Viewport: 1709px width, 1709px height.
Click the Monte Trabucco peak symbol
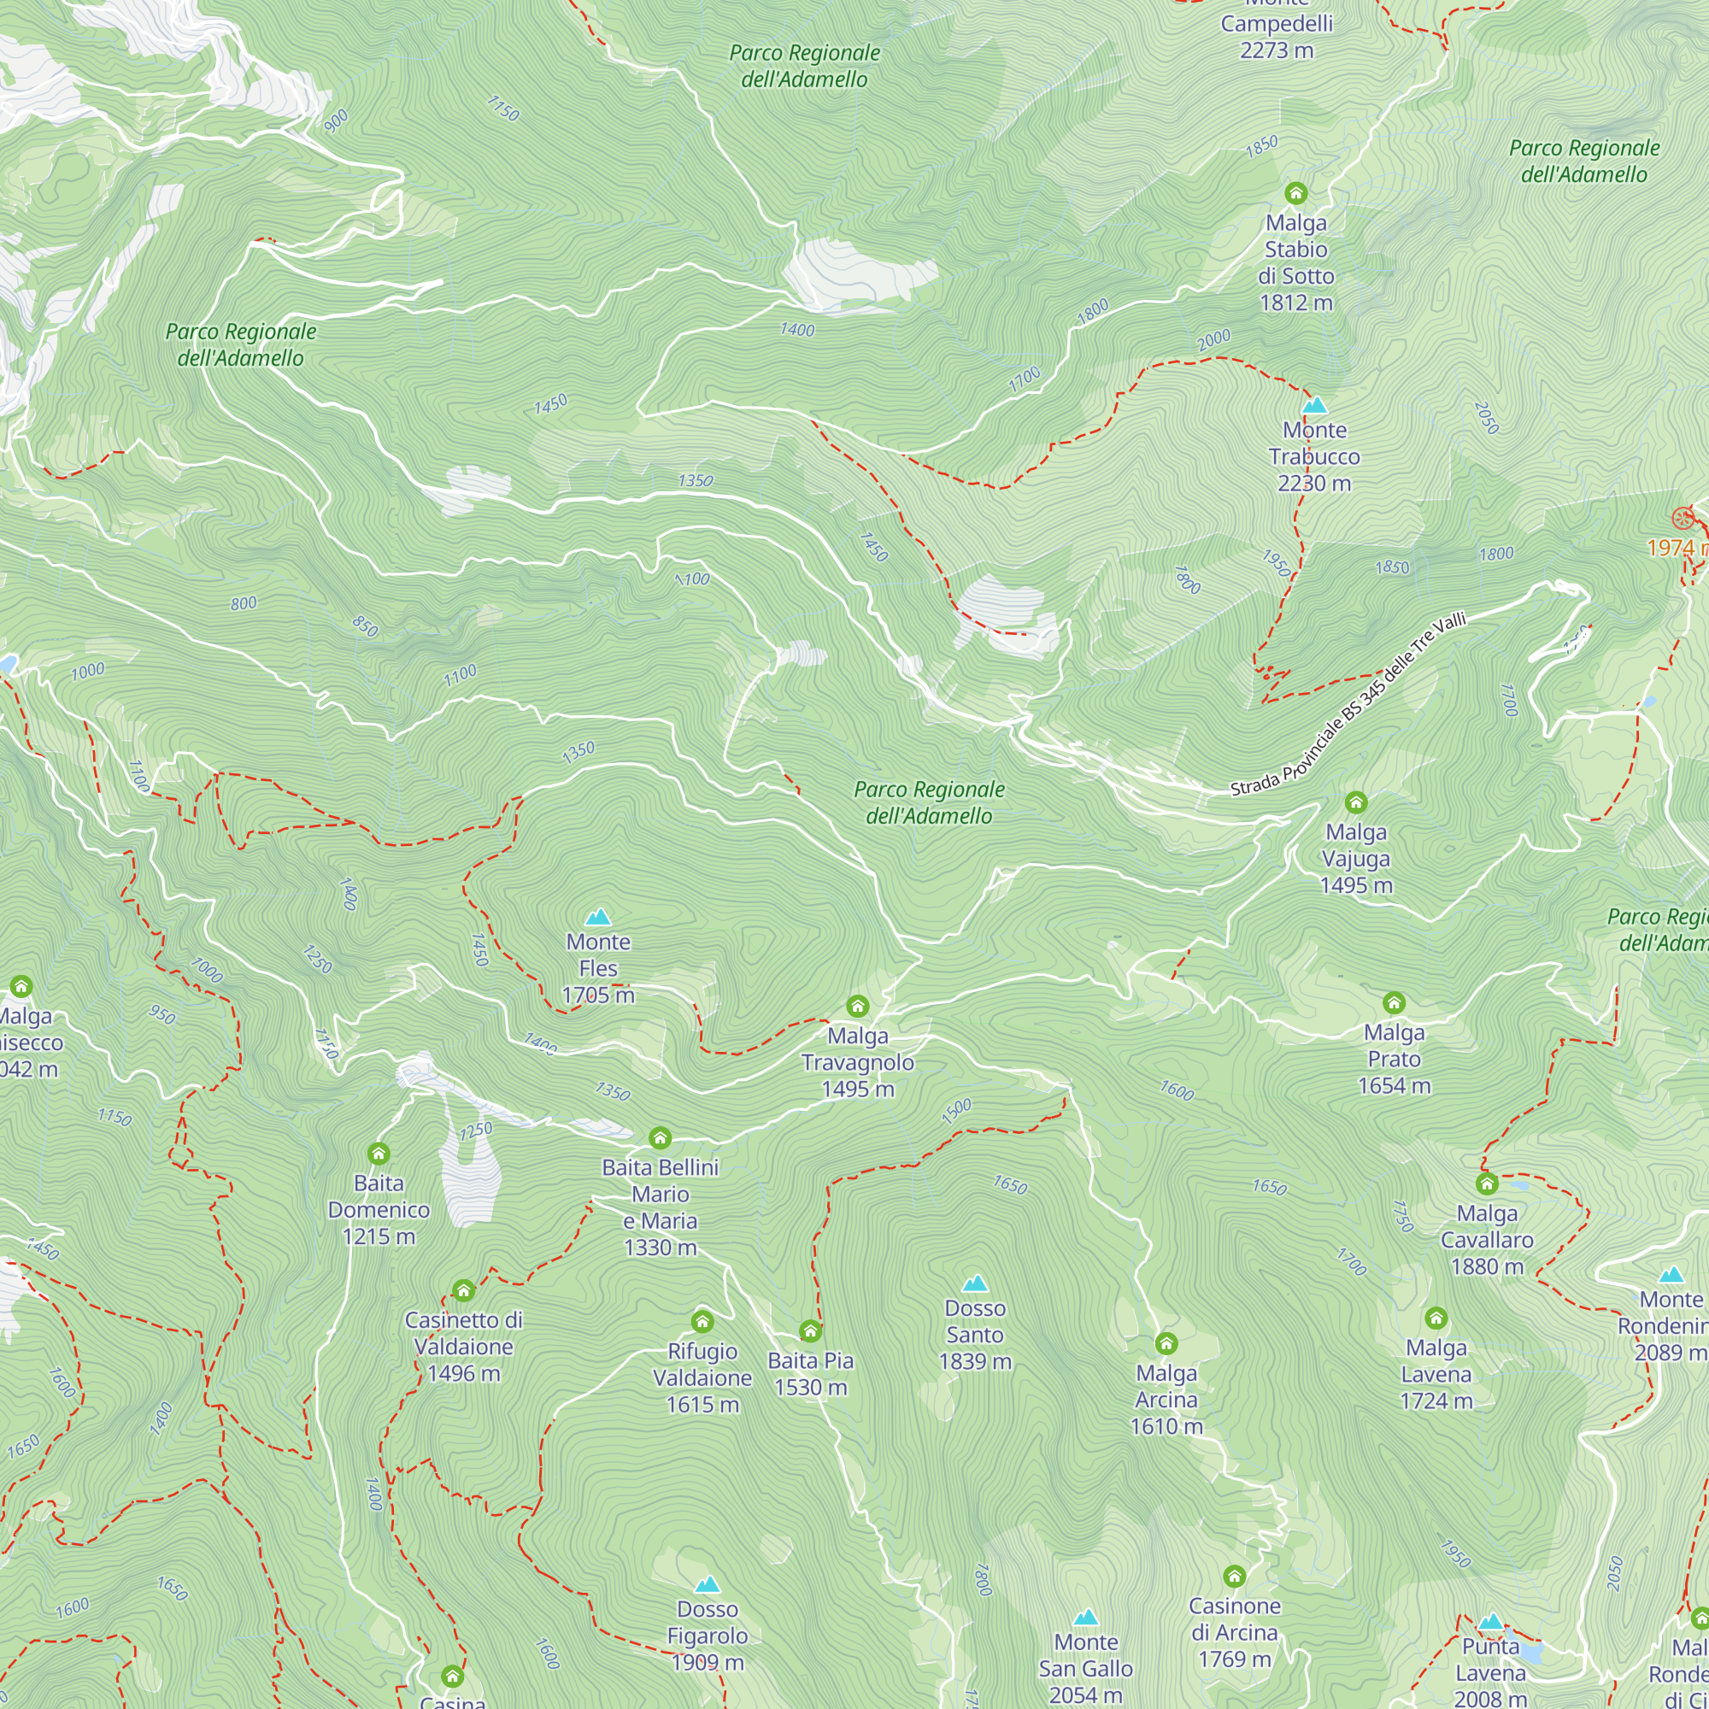1314,406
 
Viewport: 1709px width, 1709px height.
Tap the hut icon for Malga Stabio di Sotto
1296,193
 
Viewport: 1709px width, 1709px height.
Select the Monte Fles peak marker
598,916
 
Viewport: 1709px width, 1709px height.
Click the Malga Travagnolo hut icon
857,1006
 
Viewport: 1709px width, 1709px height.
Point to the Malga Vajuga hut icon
1356,802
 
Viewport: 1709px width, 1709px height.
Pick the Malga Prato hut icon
1394,1002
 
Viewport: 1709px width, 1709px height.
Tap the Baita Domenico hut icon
379,1153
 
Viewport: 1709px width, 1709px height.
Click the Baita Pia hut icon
810,1330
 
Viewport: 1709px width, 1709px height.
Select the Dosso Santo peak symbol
975,1283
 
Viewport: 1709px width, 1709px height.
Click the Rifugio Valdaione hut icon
702,1321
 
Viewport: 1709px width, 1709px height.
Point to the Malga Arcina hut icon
1166,1343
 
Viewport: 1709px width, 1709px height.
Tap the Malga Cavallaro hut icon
1487,1183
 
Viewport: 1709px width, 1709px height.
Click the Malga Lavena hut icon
1436,1318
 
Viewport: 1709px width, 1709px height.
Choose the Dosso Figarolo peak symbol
707,1584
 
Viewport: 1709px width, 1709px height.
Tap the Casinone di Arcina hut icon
1234,1576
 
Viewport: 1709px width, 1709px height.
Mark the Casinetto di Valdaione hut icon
463,1289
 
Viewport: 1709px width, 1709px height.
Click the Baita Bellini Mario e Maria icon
660,1137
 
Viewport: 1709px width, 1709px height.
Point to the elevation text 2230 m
1313,484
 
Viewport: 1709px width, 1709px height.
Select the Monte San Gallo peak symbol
1085,1618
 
